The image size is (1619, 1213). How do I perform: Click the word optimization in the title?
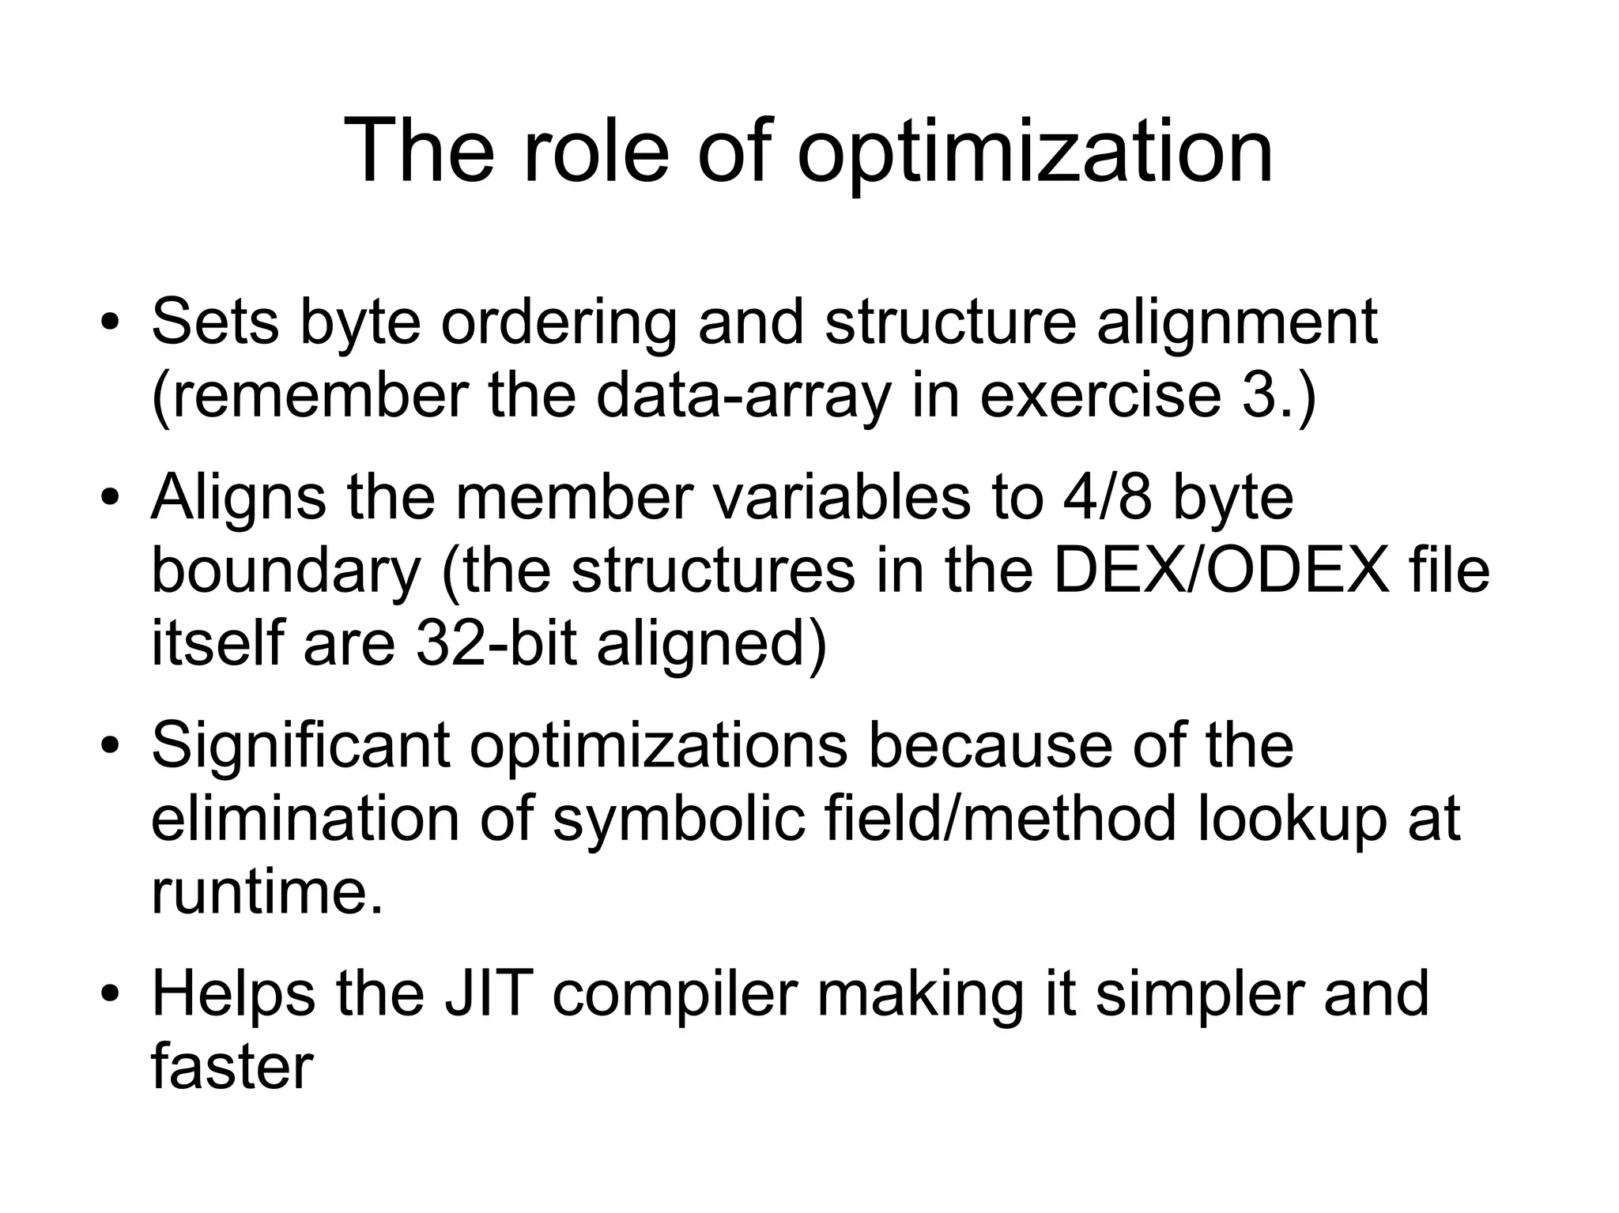(1035, 152)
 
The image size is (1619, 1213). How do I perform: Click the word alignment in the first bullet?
(1236, 324)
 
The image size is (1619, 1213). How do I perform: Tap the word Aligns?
(238, 499)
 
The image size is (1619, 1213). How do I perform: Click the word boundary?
(286, 573)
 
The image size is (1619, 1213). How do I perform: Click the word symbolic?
(679, 819)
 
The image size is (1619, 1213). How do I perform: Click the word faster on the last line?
(232, 1067)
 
